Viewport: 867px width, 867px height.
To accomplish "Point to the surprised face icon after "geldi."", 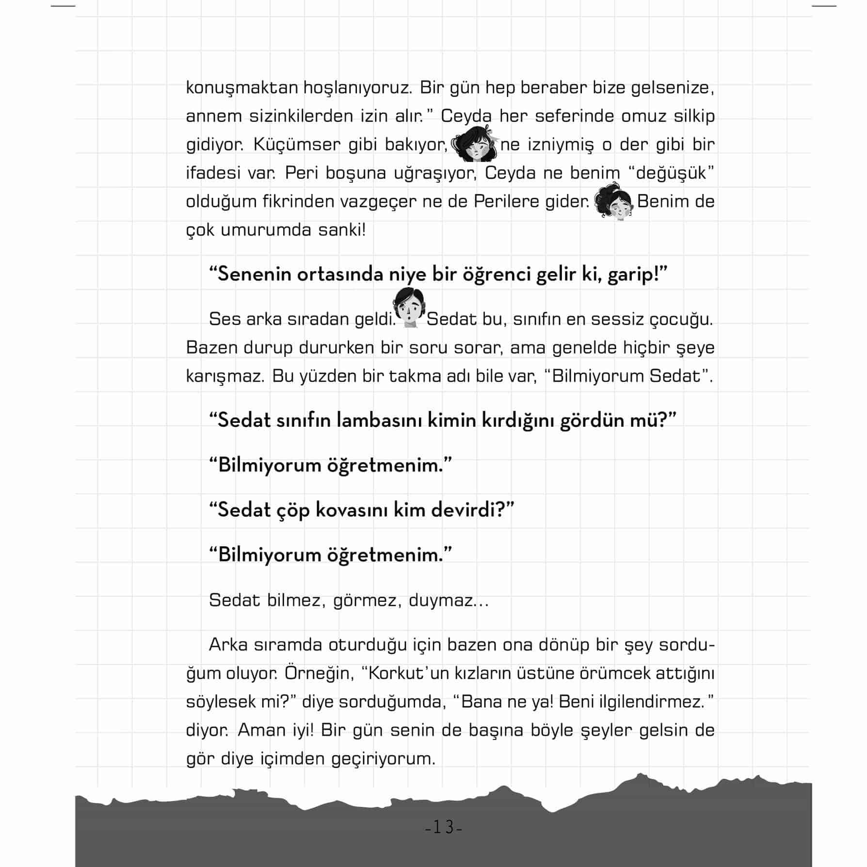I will click(410, 308).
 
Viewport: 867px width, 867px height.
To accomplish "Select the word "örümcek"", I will click(611, 674).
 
